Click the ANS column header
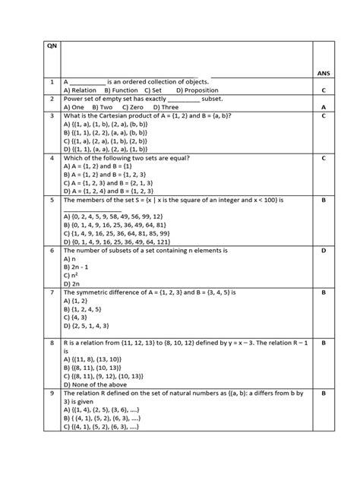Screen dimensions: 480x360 click(x=324, y=73)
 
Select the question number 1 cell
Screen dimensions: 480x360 click(x=51, y=81)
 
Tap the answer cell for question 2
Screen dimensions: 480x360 click(x=324, y=108)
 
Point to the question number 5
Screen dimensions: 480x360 click(x=51, y=201)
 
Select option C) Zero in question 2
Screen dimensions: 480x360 click(x=137, y=108)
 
